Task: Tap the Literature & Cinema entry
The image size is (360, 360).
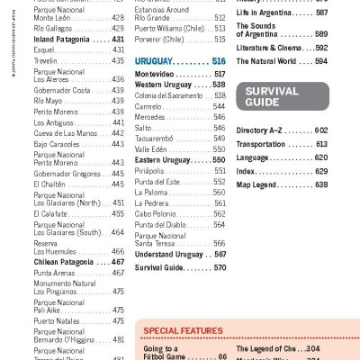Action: coord(269,47)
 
